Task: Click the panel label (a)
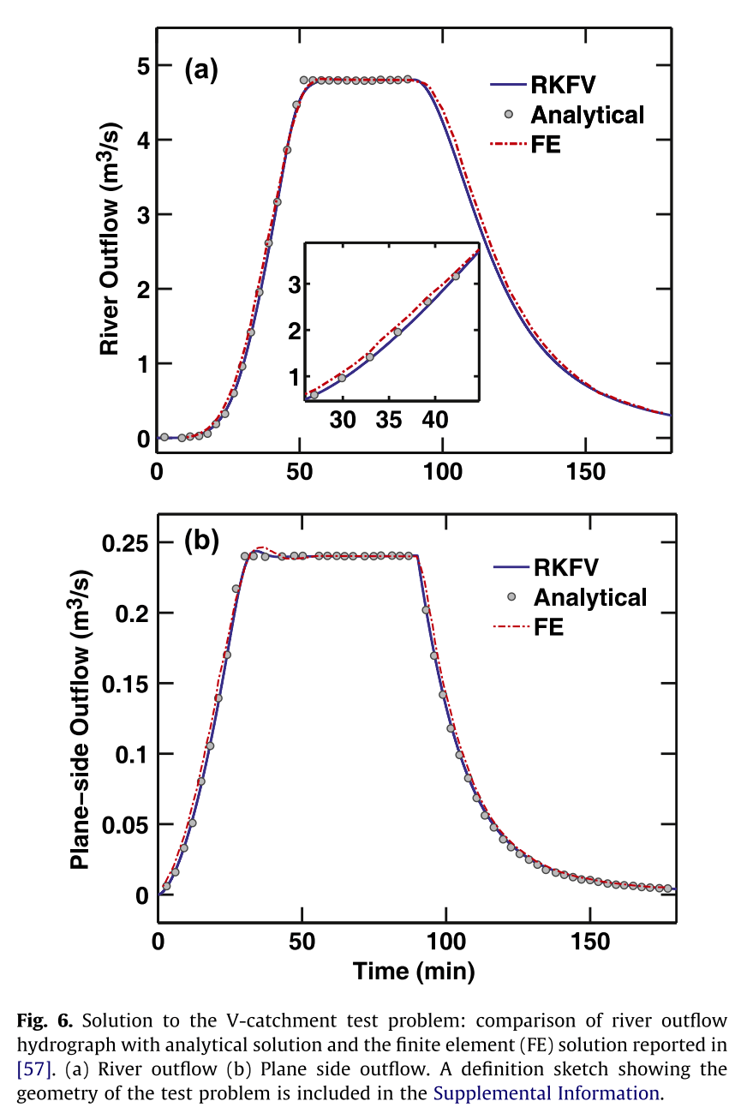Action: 202,70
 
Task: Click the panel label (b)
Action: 202,541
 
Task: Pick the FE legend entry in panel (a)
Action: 546,145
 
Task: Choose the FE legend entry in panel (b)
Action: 548,627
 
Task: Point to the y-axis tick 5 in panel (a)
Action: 143,65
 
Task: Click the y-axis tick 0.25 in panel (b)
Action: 126,543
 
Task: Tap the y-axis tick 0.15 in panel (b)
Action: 126,684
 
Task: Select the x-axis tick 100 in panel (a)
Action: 443,472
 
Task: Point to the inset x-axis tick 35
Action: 389,421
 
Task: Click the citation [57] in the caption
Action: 34,1070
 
